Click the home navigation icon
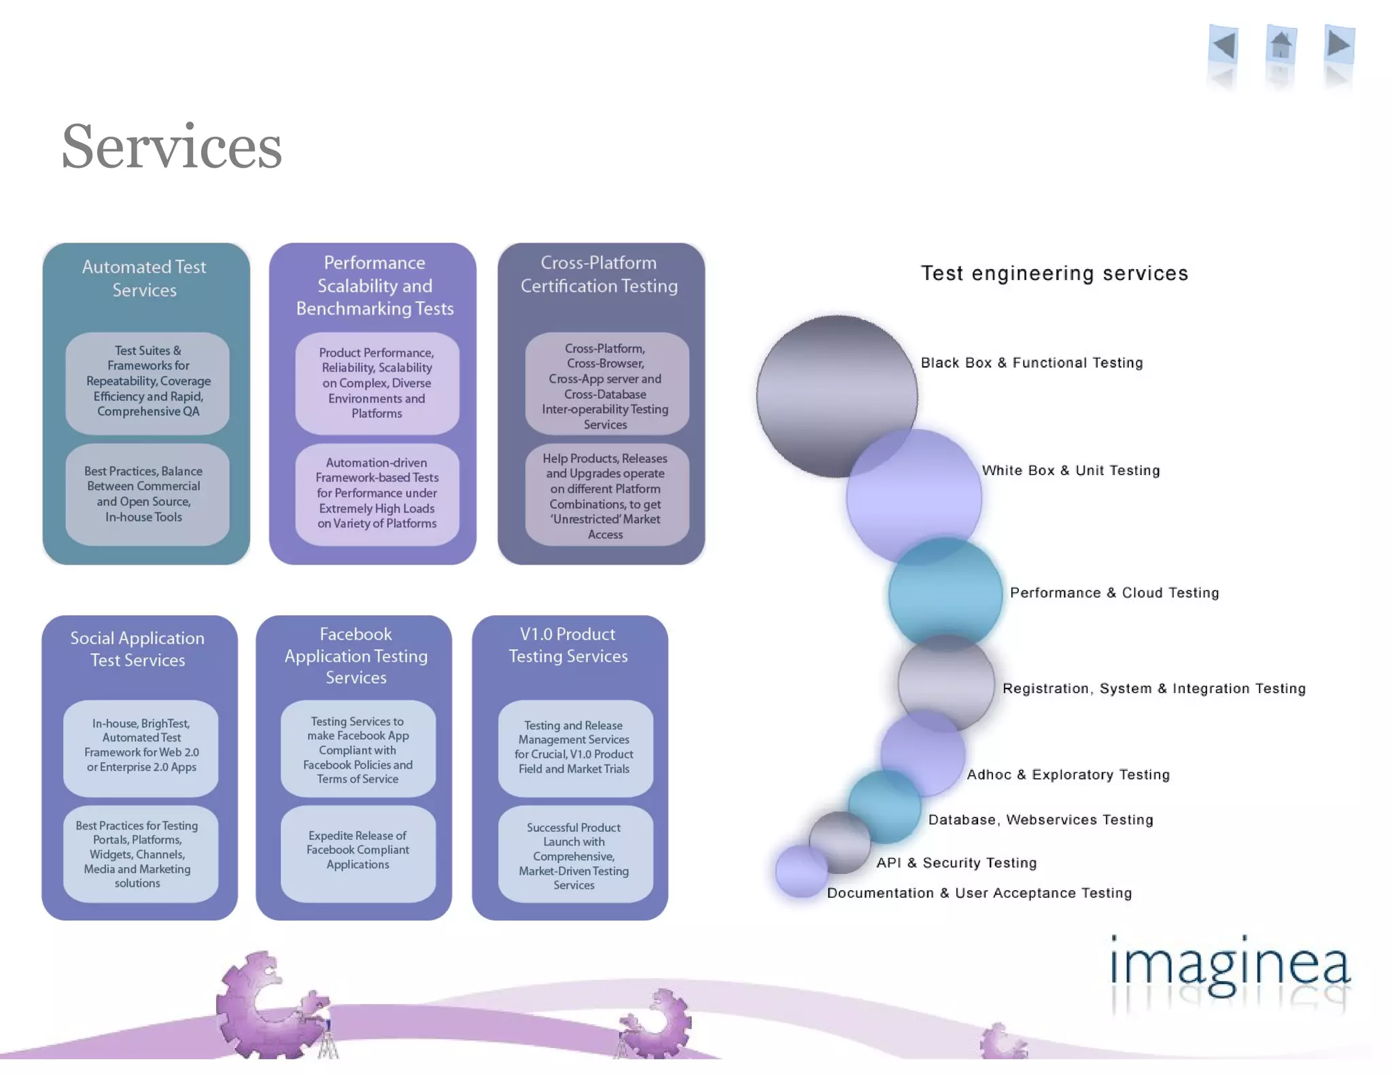click(x=1281, y=46)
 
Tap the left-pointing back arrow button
click(x=1224, y=46)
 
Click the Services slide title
click(x=171, y=147)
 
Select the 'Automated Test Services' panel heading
click(x=144, y=279)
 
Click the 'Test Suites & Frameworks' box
click(x=147, y=382)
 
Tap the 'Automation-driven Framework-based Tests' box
click(x=377, y=493)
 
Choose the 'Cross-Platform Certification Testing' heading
click(x=599, y=275)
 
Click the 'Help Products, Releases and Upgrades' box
click(x=606, y=496)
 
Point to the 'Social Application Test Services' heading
click(x=137, y=649)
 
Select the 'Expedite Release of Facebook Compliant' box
click(x=358, y=851)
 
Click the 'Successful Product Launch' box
click(x=574, y=856)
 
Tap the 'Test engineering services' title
click(x=1054, y=273)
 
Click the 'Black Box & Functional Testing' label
click(x=1032, y=363)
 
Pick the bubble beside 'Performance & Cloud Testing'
click(x=945, y=593)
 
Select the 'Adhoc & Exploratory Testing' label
click(x=1068, y=775)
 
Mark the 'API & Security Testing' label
click(x=956, y=863)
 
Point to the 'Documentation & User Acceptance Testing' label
click(x=979, y=893)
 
